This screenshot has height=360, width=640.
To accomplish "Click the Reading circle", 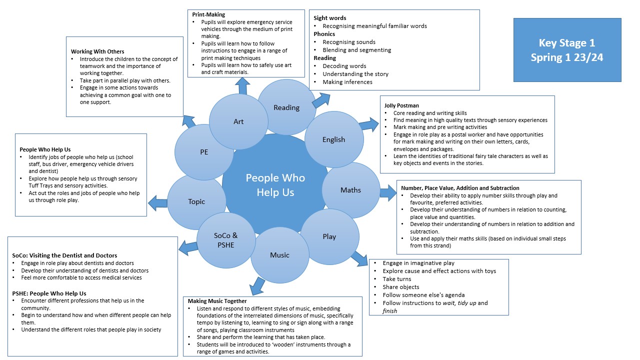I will click(x=286, y=107).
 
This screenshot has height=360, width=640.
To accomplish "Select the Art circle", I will click(x=238, y=121).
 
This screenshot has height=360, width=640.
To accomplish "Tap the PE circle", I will click(x=204, y=152).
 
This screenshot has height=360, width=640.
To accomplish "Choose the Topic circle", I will click(x=196, y=201).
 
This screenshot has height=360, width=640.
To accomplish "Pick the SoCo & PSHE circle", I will click(x=226, y=240).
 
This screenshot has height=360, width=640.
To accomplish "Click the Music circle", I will click(x=279, y=255).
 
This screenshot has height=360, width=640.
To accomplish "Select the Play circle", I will click(x=329, y=236).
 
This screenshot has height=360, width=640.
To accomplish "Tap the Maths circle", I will click(x=350, y=190).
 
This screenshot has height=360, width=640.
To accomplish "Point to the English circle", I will click(x=333, y=139).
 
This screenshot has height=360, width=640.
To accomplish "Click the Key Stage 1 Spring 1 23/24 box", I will click(x=567, y=50).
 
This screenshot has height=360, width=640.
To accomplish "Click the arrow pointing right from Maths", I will click(x=387, y=192).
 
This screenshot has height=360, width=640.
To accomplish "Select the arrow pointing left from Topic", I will click(x=158, y=202).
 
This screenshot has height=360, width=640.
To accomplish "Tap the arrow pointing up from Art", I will click(x=243, y=86).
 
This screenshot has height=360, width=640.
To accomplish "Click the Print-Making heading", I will click(x=208, y=14).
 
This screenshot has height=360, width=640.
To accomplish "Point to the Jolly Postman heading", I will click(x=401, y=105).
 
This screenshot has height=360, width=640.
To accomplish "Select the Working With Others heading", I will click(x=97, y=51).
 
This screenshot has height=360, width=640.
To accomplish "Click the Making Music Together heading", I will click(x=217, y=301).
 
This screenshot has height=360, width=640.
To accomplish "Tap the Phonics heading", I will click(x=324, y=34).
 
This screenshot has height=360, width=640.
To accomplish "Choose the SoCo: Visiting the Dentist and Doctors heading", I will click(x=64, y=255).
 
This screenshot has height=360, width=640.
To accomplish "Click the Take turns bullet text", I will click(x=397, y=279).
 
